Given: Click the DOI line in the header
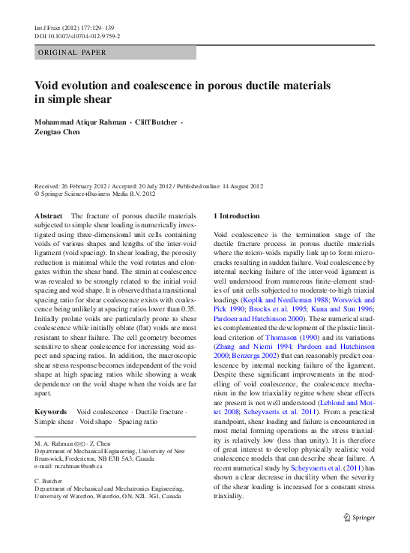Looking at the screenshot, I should pos(77,36).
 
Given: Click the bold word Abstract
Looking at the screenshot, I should pos(49,216).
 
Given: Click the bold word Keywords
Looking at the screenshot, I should pos(51,412).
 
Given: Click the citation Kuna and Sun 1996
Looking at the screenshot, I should pos(344,309).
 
